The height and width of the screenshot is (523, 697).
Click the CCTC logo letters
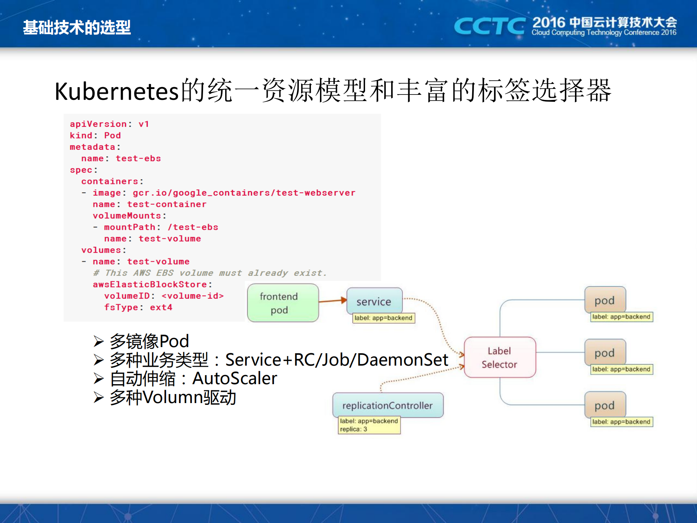[489, 26]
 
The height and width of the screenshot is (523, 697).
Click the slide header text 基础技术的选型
[77, 28]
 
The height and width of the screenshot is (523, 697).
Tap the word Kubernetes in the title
[117, 91]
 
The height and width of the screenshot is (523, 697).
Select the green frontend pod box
[283, 303]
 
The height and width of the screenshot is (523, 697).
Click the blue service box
[374, 301]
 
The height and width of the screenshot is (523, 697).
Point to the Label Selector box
[499, 357]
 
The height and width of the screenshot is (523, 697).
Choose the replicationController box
[388, 405]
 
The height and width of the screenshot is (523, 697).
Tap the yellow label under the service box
[383, 318]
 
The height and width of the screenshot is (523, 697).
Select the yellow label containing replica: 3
[369, 425]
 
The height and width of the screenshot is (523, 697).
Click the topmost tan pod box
[605, 300]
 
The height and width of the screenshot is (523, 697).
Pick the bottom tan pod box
[605, 405]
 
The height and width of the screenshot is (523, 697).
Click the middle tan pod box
[605, 352]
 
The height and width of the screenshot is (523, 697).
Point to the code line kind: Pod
[95, 136]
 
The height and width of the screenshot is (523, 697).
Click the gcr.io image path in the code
[244, 193]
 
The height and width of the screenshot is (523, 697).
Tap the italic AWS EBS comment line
[210, 273]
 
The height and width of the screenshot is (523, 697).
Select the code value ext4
[161, 307]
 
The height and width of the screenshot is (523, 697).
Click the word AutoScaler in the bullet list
[235, 378]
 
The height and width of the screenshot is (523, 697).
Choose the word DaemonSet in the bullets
[402, 360]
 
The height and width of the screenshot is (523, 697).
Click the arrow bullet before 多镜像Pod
[98, 341]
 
